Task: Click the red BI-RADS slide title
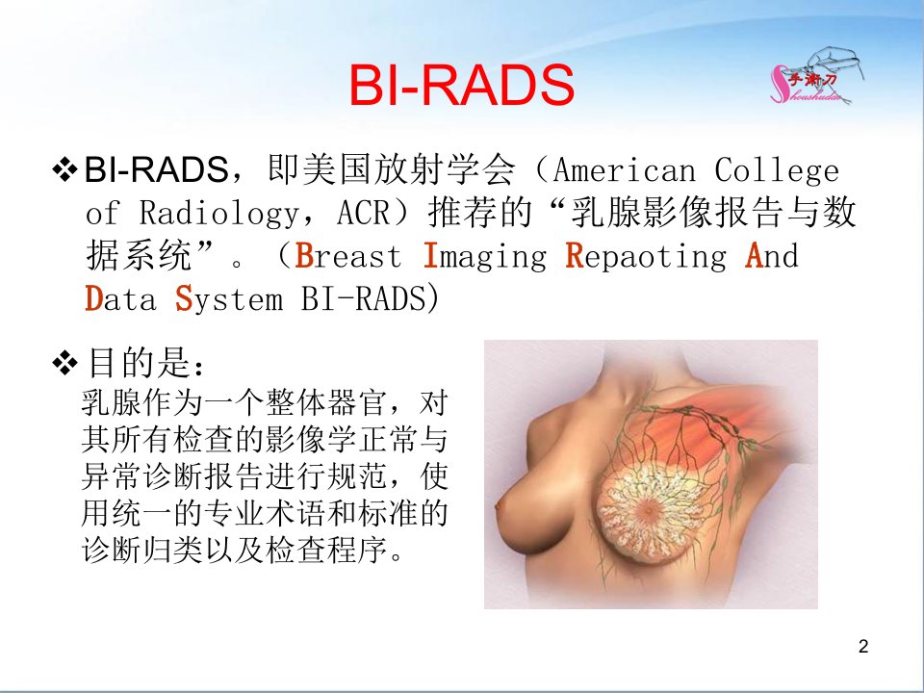(461, 85)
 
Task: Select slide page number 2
(863, 647)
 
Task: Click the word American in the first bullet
(625, 171)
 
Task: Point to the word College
(778, 171)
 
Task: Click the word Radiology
(218, 213)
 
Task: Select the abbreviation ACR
(364, 212)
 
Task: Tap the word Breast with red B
(347, 256)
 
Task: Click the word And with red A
(772, 256)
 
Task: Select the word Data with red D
(121, 298)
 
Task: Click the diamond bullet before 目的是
(64, 363)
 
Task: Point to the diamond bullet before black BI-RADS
(64, 169)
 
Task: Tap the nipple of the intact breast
(500, 506)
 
